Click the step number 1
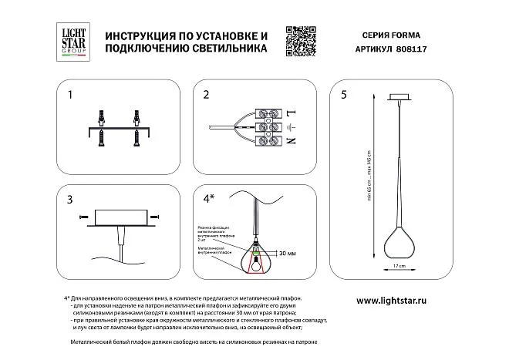coord(70,96)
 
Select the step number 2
coord(207,96)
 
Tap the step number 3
coord(70,200)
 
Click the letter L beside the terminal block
coord(291,113)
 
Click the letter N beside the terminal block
coord(291,142)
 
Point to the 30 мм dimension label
coord(288,252)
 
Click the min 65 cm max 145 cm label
coord(370,173)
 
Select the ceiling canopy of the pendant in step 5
coord(400,98)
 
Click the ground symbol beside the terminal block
coord(291,127)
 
